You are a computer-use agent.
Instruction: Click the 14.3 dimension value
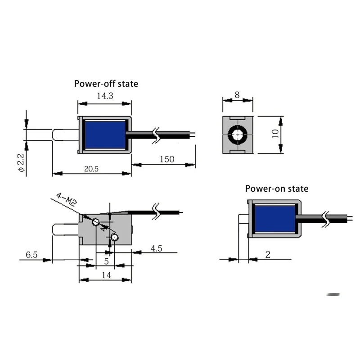click(x=105, y=96)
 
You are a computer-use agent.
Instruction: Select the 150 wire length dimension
click(x=166, y=159)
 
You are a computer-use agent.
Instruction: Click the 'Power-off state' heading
click(x=106, y=84)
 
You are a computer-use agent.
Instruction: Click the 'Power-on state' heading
click(x=277, y=189)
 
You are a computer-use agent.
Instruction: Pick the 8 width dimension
click(x=238, y=95)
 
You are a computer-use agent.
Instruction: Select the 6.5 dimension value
click(x=31, y=255)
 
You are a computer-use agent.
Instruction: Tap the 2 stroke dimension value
click(x=268, y=255)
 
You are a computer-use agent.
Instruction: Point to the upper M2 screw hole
click(x=95, y=222)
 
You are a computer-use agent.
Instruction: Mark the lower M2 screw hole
click(x=114, y=237)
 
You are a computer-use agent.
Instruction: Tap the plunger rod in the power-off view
click(x=65, y=135)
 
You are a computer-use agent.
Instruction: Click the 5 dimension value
click(x=106, y=261)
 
